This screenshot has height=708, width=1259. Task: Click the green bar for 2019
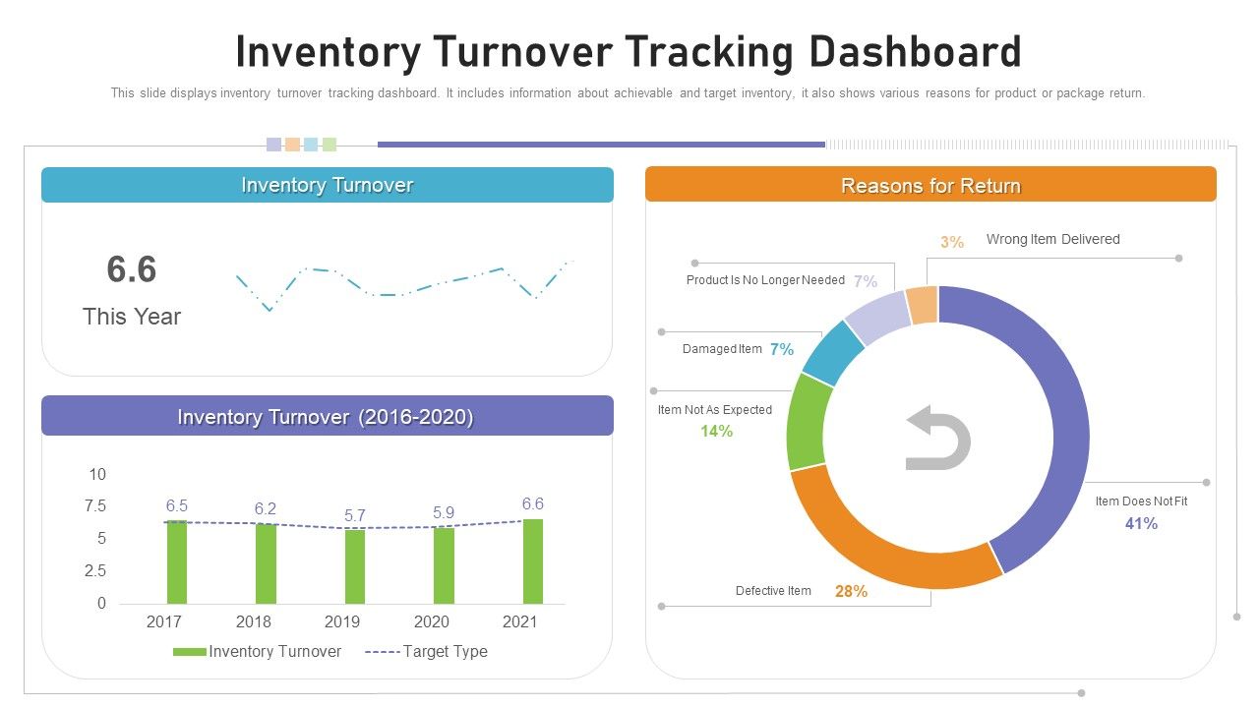(x=355, y=567)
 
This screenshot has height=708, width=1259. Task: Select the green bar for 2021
(x=533, y=561)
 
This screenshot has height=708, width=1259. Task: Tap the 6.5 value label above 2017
(x=177, y=505)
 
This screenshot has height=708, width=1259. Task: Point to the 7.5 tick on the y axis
(x=95, y=506)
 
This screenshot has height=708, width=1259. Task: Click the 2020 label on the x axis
(x=432, y=621)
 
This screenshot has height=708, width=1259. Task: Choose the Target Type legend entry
(x=426, y=651)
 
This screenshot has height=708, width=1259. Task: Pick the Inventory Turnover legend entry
(x=258, y=651)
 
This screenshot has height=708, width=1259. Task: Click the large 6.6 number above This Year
(x=132, y=269)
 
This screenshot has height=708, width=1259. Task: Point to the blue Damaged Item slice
(x=832, y=353)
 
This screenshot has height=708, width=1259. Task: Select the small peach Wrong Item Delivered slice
(x=923, y=306)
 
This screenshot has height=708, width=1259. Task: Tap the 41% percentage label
(x=1141, y=524)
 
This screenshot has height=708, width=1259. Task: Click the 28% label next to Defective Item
(x=851, y=591)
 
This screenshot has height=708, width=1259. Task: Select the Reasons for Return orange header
(x=930, y=185)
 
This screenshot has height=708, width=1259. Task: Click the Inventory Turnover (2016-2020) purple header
(x=327, y=416)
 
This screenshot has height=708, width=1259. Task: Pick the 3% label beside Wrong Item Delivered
(x=951, y=242)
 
